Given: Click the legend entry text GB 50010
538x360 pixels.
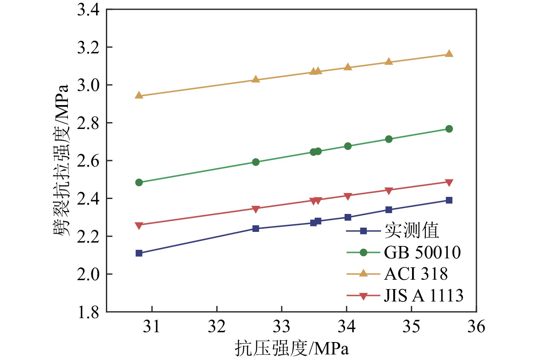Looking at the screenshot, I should click(x=422, y=252).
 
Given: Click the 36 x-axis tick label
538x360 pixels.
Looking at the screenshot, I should click(x=476, y=327).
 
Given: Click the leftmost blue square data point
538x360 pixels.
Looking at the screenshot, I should click(x=139, y=253).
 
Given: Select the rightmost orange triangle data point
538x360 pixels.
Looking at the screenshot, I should click(x=449, y=54).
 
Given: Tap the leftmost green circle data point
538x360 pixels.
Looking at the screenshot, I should click(x=139, y=182).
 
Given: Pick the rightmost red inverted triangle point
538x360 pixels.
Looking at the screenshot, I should click(x=449, y=183).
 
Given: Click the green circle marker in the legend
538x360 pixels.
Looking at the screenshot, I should click(x=363, y=252).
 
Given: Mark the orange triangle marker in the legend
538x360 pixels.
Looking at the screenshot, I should click(x=363, y=273).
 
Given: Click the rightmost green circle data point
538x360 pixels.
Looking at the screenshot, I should click(x=449, y=129).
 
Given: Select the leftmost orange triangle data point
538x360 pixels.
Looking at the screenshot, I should click(x=139, y=95).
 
